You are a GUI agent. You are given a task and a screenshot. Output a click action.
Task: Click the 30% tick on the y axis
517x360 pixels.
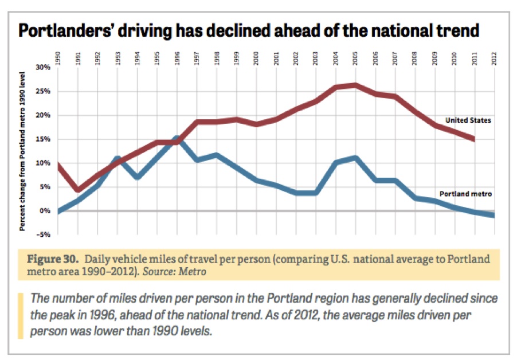click(44, 67)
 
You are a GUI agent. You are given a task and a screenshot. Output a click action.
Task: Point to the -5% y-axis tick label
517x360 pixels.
click(44, 234)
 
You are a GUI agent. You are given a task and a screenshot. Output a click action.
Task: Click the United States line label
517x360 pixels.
click(468, 120)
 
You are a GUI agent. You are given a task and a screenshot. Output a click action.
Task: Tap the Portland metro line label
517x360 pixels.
click(466, 194)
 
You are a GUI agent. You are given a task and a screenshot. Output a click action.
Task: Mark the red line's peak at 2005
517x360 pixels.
click(356, 85)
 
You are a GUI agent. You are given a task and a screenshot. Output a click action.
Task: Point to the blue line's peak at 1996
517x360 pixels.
click(177, 138)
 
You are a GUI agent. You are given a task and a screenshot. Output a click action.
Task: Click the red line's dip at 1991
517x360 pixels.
click(78, 190)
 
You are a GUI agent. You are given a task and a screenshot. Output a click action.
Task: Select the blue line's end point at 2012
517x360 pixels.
click(493, 215)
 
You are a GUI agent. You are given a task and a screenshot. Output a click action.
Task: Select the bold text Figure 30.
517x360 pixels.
click(52, 259)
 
